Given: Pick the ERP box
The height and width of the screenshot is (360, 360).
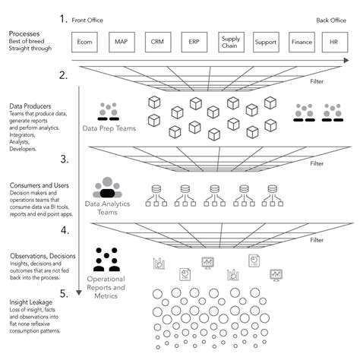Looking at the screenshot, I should tap(194, 43).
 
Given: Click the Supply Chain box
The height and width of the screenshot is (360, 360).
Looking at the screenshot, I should tap(230, 43).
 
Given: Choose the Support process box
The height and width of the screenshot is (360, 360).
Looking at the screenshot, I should tap(266, 43).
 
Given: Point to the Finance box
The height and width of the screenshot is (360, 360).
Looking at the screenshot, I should tap(302, 43).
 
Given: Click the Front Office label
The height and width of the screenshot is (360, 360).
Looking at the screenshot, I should tap(89, 21).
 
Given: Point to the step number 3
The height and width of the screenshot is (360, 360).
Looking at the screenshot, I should tap(65, 159).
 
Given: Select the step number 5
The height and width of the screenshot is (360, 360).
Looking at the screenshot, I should tap(65, 292).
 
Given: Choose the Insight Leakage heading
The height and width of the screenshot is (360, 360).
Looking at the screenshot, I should tap(30, 302).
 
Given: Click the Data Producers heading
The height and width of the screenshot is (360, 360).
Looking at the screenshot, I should tap(30, 107).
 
